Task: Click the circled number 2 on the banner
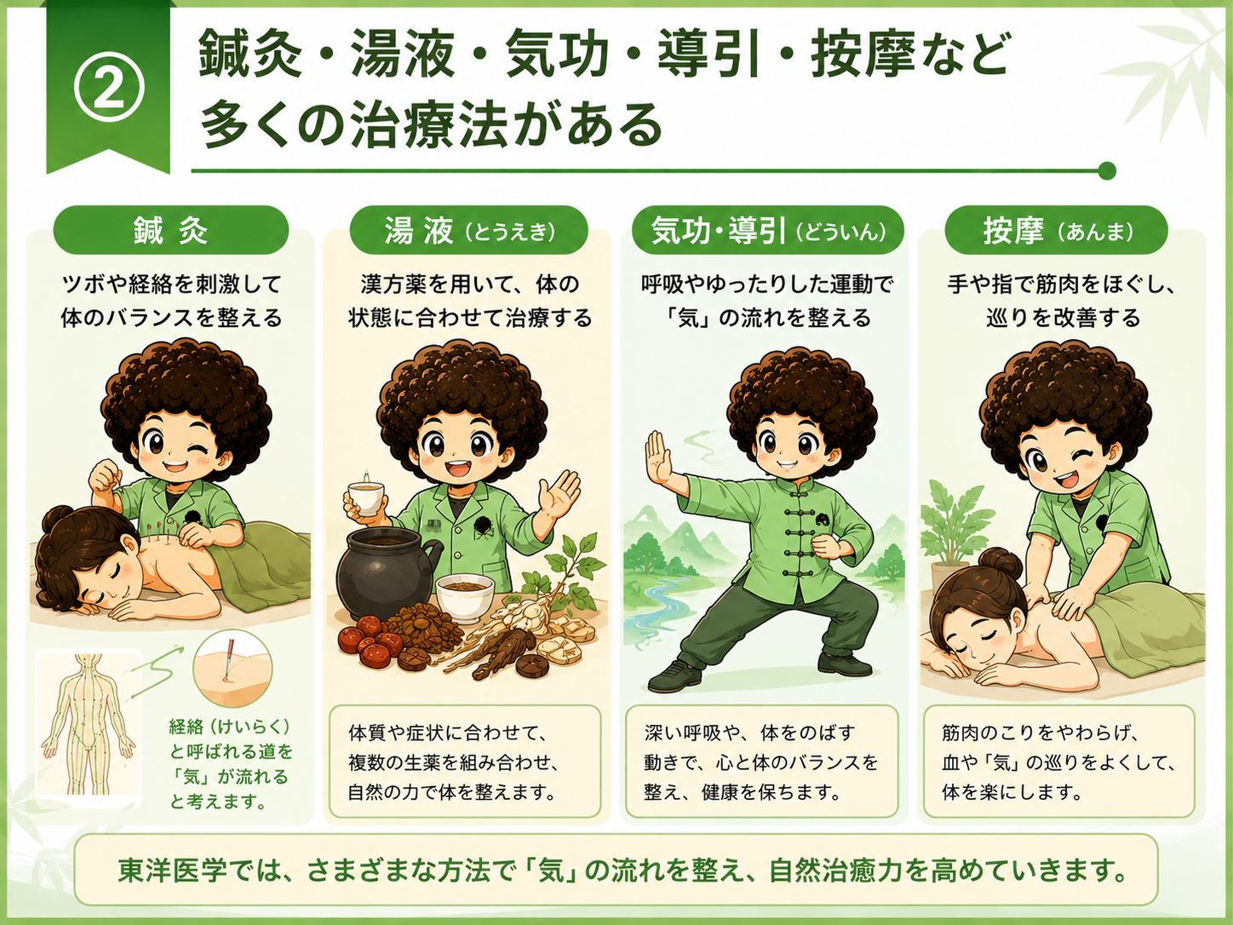(x=109, y=89)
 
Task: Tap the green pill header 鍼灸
(x=171, y=230)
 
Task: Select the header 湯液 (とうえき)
(x=469, y=230)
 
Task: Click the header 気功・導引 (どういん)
(x=767, y=230)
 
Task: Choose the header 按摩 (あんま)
(x=1056, y=230)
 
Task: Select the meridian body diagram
(x=89, y=727)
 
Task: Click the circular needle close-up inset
(x=232, y=668)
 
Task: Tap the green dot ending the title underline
(x=1107, y=170)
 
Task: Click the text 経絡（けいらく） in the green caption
(x=230, y=727)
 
